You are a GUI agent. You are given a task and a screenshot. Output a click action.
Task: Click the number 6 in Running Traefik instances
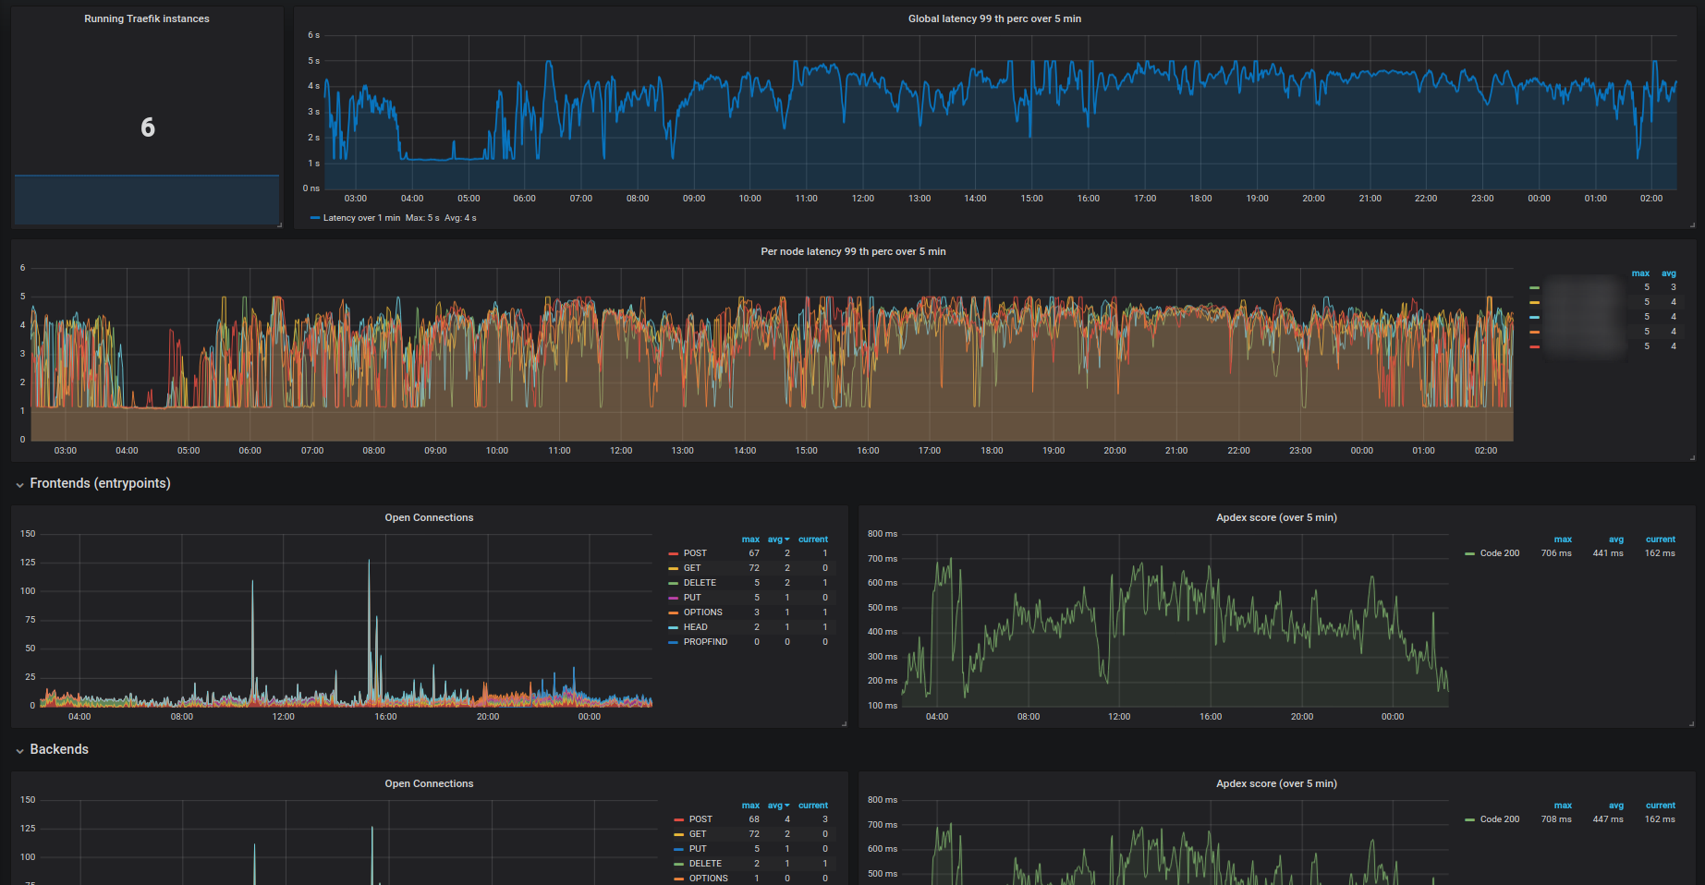pos(148,127)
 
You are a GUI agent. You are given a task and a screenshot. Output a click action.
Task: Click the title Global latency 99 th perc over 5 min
pos(994,18)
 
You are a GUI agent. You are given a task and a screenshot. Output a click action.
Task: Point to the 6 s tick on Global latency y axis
pos(313,35)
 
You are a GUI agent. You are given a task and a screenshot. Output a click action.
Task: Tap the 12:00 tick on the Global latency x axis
pos(863,199)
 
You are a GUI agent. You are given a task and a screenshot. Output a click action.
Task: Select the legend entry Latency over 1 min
pos(360,218)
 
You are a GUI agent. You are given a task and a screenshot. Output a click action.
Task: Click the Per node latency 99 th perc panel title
pos(853,251)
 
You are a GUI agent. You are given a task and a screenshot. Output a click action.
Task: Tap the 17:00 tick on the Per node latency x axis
pos(930,451)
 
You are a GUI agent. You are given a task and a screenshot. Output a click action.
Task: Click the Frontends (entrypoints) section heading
pos(100,483)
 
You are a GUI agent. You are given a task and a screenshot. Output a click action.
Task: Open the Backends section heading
pos(59,749)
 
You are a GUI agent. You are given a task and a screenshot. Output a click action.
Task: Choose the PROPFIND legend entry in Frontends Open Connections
pos(705,642)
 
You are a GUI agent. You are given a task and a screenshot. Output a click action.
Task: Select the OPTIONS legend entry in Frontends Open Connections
pos(702,612)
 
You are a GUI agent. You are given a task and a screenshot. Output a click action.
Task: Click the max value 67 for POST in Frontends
pos(754,553)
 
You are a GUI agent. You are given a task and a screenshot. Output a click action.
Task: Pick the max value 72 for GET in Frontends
pos(754,568)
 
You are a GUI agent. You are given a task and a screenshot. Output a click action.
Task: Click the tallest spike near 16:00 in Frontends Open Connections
pos(369,562)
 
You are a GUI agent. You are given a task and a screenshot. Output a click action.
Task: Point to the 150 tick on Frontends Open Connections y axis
pos(29,534)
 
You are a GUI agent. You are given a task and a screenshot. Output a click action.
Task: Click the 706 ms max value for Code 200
pos(1556,553)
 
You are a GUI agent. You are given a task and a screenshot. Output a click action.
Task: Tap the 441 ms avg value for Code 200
pos(1608,553)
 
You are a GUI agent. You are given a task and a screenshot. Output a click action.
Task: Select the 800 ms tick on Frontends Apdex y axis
pos(883,534)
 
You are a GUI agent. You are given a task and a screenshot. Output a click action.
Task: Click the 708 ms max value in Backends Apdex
pos(1556,819)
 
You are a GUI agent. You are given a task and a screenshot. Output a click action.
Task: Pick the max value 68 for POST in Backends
pos(754,819)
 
